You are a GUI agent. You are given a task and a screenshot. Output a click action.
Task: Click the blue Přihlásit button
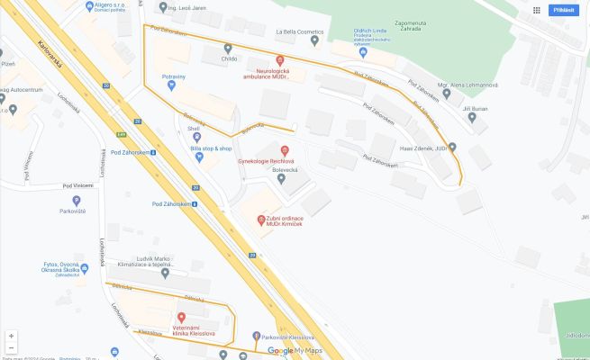[564, 10]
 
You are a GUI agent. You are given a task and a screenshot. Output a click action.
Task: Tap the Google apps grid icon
[537, 10]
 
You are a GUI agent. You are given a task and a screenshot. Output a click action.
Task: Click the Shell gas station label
[193, 129]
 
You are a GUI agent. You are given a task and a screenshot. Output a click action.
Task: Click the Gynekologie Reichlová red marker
[286, 149]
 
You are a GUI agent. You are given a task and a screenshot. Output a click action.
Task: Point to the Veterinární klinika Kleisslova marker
[181, 317]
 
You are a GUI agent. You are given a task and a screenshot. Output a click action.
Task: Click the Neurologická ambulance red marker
[279, 59]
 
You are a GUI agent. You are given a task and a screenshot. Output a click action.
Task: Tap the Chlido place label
[227, 58]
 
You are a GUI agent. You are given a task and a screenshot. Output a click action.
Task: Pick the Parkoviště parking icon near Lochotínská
[76, 201]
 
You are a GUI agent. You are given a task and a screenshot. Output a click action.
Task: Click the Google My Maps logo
[295, 350]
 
